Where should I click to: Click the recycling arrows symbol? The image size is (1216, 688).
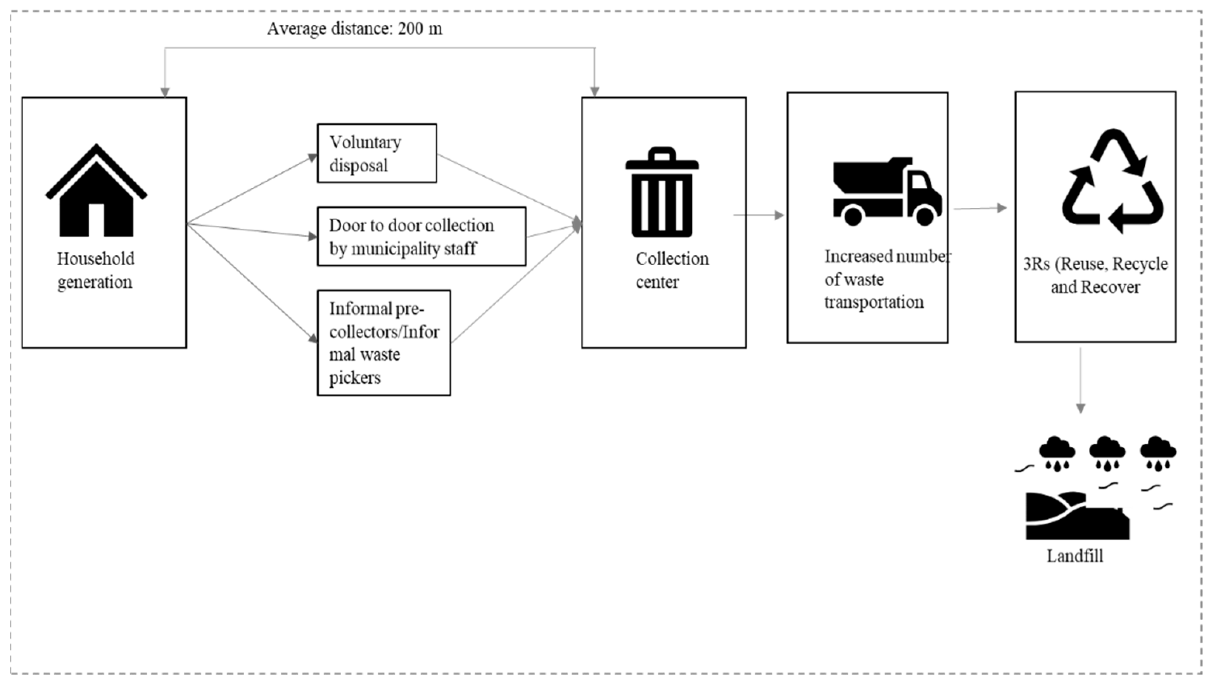click(x=1112, y=182)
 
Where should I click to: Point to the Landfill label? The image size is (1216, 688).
click(x=1075, y=556)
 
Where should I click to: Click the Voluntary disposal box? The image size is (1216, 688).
click(x=377, y=153)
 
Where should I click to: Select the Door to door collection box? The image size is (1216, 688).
click(x=421, y=236)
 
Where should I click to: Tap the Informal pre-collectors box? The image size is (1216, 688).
click(x=383, y=342)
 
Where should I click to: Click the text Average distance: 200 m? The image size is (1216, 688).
click(x=354, y=29)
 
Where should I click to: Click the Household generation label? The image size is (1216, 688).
click(x=95, y=270)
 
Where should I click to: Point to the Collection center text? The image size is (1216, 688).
click(x=671, y=270)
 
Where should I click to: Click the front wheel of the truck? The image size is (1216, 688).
click(x=924, y=216)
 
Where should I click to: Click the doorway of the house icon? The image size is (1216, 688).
click(x=97, y=220)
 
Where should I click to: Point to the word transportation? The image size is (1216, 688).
click(x=874, y=302)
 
